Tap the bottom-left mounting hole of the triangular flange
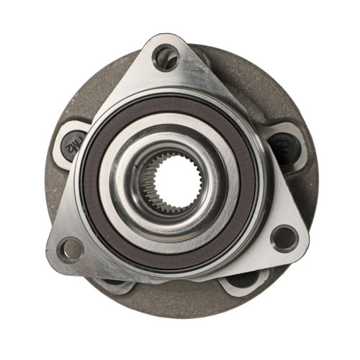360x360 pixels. [71, 249]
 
